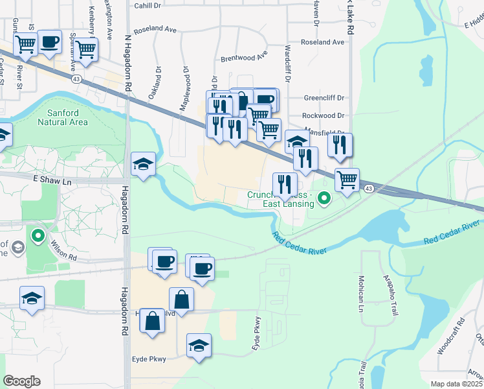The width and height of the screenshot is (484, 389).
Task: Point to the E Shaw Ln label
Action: tap(50, 180)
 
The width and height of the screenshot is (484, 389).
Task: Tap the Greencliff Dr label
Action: tap(325, 99)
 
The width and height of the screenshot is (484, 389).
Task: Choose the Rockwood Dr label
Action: tap(325, 115)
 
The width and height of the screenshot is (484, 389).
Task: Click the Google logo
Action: tap(21, 381)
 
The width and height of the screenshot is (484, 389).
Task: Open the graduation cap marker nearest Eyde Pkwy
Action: tap(199, 346)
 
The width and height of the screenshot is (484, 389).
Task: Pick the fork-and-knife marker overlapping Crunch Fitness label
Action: tap(285, 185)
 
